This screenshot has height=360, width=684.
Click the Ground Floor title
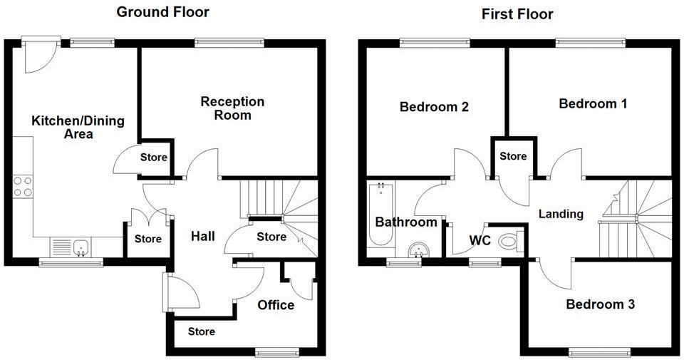(163, 12)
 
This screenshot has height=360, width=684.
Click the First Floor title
(517, 14)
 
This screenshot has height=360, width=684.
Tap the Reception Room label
(232, 108)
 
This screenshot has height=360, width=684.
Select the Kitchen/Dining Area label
(78, 127)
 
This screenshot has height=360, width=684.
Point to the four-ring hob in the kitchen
(23, 187)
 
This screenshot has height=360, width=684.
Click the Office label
(276, 305)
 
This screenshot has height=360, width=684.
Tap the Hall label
(203, 236)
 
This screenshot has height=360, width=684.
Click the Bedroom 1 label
(593, 104)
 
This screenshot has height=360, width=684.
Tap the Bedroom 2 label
(434, 108)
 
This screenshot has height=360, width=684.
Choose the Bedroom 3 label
(600, 304)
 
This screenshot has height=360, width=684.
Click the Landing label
(561, 214)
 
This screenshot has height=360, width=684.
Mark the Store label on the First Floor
(513, 156)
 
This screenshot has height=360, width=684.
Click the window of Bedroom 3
(599, 351)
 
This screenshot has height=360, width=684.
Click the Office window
(279, 351)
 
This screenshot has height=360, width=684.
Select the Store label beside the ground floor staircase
(271, 237)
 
